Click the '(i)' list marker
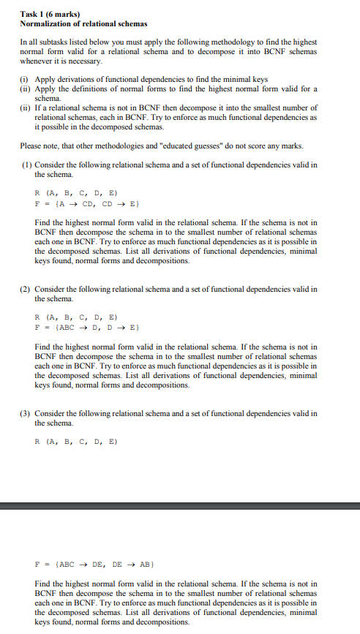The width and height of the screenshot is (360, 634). pyautogui.click(x=25, y=79)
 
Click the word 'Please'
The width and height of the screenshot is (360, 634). pyautogui.click(x=31, y=145)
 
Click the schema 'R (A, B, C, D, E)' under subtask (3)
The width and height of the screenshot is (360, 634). pyautogui.click(x=75, y=442)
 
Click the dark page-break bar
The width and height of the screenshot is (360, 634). pyautogui.click(x=180, y=505)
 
